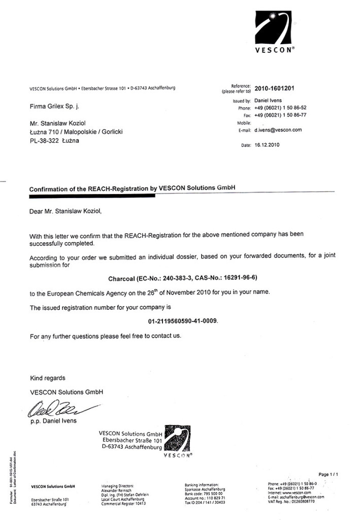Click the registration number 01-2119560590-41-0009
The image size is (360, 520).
point(183,321)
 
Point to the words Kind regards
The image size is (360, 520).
point(48,378)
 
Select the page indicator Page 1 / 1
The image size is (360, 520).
point(328,474)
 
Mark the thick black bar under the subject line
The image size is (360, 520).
point(91,196)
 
